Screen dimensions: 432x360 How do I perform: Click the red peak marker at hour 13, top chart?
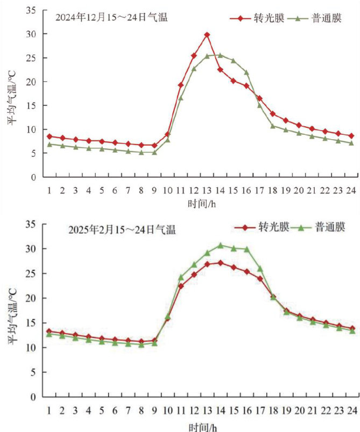[207, 35]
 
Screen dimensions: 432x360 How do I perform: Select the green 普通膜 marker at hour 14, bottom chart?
[220, 245]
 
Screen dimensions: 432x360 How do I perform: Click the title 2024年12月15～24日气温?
[112, 17]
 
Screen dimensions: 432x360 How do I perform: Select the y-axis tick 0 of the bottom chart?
[33, 397]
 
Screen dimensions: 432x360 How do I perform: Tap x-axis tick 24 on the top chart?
[351, 190]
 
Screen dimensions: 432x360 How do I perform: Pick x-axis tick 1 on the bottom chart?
[49, 410]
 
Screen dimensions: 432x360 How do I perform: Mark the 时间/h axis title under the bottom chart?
[200, 426]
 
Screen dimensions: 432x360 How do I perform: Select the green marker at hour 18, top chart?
[273, 126]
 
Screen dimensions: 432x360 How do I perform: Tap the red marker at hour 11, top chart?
[181, 85]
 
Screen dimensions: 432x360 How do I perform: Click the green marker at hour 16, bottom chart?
[246, 249]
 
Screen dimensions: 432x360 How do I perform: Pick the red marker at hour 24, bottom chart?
[351, 328]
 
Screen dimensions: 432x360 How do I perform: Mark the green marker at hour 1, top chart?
[49, 144]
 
